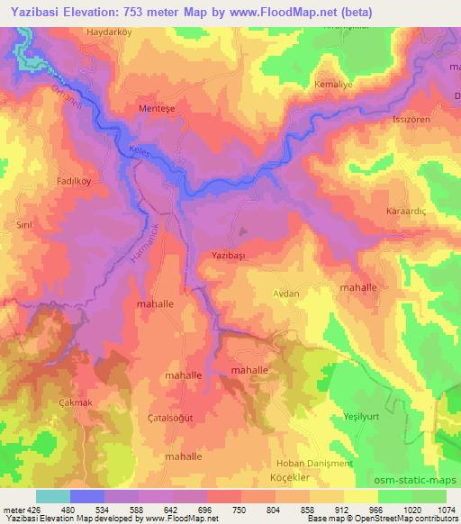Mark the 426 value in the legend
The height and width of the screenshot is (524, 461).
[x=33, y=510]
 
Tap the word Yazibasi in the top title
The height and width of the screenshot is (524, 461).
[x=32, y=13]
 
